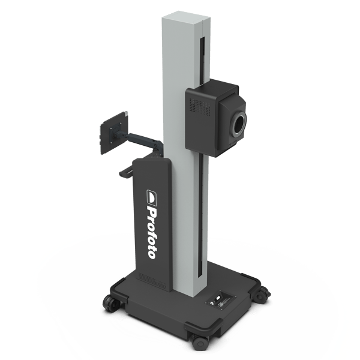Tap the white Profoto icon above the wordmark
(152, 195)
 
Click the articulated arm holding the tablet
(141, 143)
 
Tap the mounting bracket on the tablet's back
(122, 128)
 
